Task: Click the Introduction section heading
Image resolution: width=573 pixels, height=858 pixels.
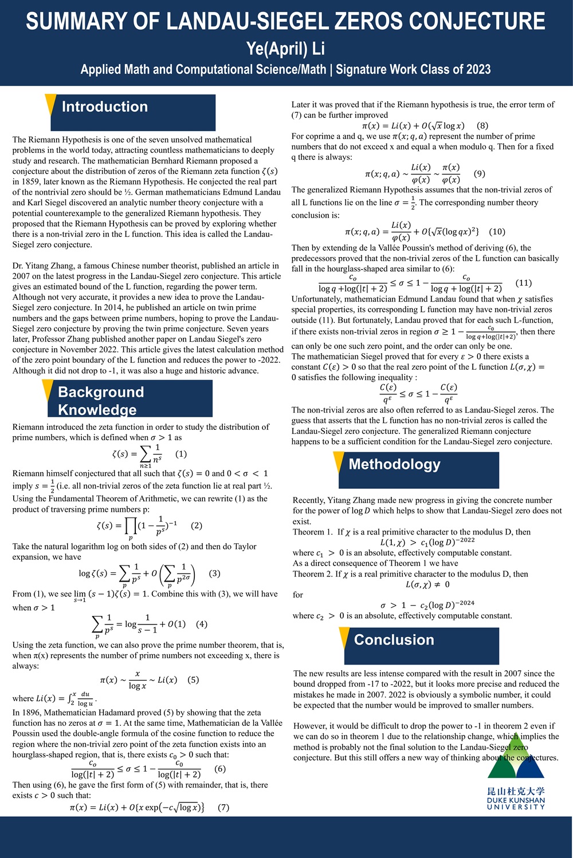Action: pyautogui.click(x=105, y=107)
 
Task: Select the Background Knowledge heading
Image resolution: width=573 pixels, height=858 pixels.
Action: pyautogui.click(x=101, y=401)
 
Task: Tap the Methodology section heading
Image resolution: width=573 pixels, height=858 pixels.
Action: pyautogui.click(x=394, y=464)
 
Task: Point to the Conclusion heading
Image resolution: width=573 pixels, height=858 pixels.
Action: pyautogui.click(x=394, y=640)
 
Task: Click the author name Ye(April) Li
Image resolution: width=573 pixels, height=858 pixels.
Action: pyautogui.click(x=285, y=49)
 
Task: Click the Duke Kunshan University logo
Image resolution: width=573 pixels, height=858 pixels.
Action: pyautogui.click(x=516, y=773)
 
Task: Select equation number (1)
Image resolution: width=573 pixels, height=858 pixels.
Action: pyautogui.click(x=181, y=454)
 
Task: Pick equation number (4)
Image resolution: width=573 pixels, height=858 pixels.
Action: pyautogui.click(x=202, y=624)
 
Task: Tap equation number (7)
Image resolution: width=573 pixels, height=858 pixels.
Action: pyautogui.click(x=223, y=807)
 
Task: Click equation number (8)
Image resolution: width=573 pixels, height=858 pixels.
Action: pyautogui.click(x=482, y=125)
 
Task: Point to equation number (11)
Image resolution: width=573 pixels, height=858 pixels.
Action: pyautogui.click(x=524, y=283)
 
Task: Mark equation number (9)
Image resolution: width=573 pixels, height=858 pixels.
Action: pyautogui.click(x=480, y=173)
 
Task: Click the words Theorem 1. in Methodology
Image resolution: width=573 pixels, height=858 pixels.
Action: pyautogui.click(x=312, y=532)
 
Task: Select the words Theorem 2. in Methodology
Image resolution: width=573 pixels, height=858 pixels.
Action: pyautogui.click(x=312, y=574)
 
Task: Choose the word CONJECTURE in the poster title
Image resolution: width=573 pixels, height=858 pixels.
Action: pyautogui.click(x=475, y=21)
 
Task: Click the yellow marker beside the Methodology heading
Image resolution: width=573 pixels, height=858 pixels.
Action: pyautogui.click(x=339, y=461)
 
